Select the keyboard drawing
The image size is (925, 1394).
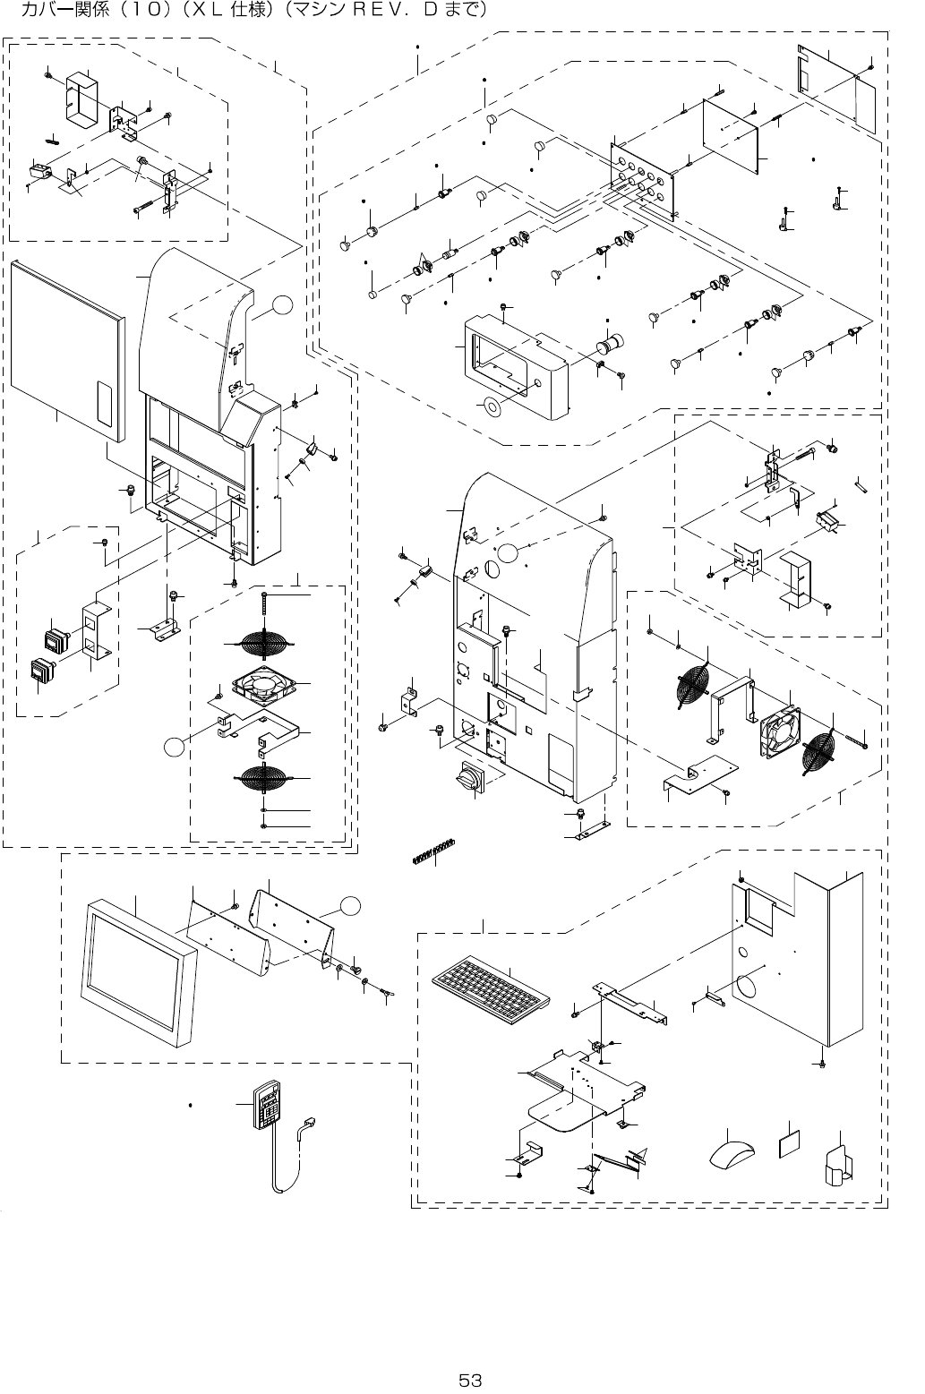tap(488, 989)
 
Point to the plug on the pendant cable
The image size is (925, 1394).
tap(311, 1124)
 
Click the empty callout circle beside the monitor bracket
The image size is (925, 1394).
tap(351, 906)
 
